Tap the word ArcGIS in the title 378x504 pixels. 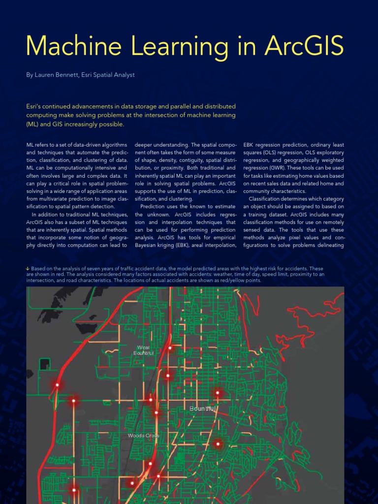pyautogui.click(x=304, y=46)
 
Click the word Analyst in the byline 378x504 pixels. pyautogui.click(x=123, y=75)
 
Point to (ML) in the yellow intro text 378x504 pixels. pyautogui.click(x=35, y=124)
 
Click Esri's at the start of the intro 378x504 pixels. pyautogui.click(x=36, y=106)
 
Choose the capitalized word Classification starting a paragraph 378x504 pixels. pyautogui.click(x=270, y=199)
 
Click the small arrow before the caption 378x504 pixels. pyautogui.click(x=28, y=268)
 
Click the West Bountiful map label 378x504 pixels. pyautogui.click(x=144, y=350)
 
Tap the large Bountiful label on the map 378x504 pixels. pyautogui.click(x=202, y=409)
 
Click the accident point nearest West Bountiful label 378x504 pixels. pyautogui.click(x=170, y=347)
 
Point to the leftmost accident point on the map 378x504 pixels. pyautogui.click(x=58, y=385)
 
